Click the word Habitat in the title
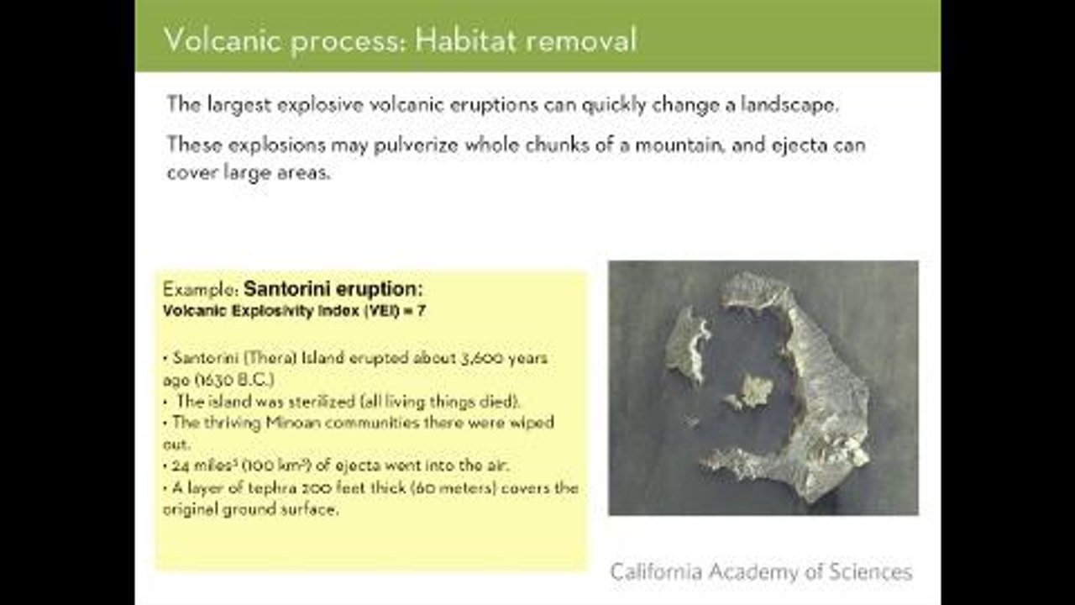[466, 39]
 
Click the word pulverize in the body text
[416, 145]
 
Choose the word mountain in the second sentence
[679, 145]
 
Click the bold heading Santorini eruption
[333, 289]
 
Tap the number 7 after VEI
[421, 311]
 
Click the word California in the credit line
[656, 572]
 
